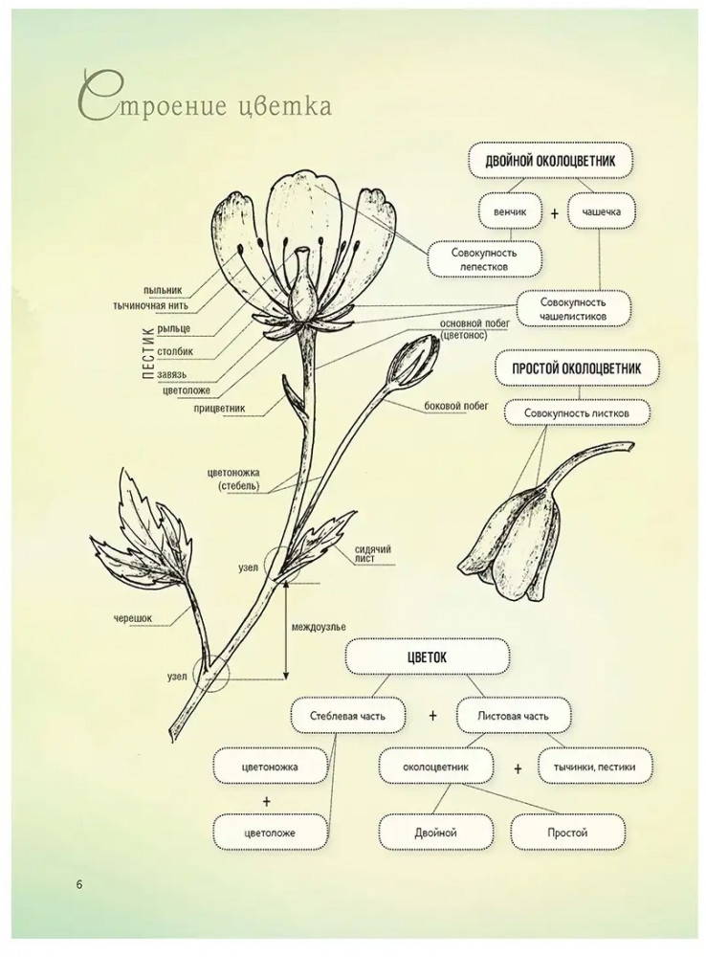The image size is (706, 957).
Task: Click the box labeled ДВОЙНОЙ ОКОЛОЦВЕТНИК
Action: pos(550,161)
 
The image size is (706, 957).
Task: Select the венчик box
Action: pos(510,211)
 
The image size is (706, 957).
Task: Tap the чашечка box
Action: pos(602,211)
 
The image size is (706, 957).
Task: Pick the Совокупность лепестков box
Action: pos(484,259)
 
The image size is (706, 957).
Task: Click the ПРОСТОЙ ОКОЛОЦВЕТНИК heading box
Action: pos(577,368)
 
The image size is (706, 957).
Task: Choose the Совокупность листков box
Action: pos(577,413)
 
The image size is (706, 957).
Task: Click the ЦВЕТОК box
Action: pos(427,657)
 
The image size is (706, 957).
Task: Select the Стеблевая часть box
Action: pos(347,715)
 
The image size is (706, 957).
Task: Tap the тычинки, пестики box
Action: pos(594,768)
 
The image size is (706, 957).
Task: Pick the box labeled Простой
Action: pos(567,833)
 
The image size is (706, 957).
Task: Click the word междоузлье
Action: pos(319,627)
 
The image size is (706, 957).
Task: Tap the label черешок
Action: pos(132,618)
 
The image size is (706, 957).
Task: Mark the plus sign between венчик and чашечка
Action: pos(555,213)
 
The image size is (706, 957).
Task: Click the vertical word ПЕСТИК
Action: pos(147,353)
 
